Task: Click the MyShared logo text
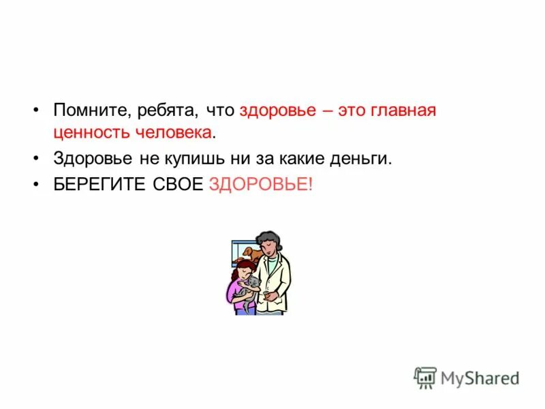(x=480, y=378)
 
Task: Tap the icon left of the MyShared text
(x=425, y=378)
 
